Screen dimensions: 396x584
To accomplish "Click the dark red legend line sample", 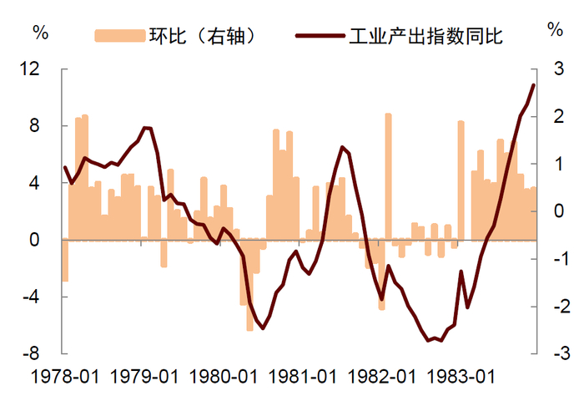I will pos(319,36).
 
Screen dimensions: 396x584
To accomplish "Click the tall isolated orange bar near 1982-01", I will pos(388,176).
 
